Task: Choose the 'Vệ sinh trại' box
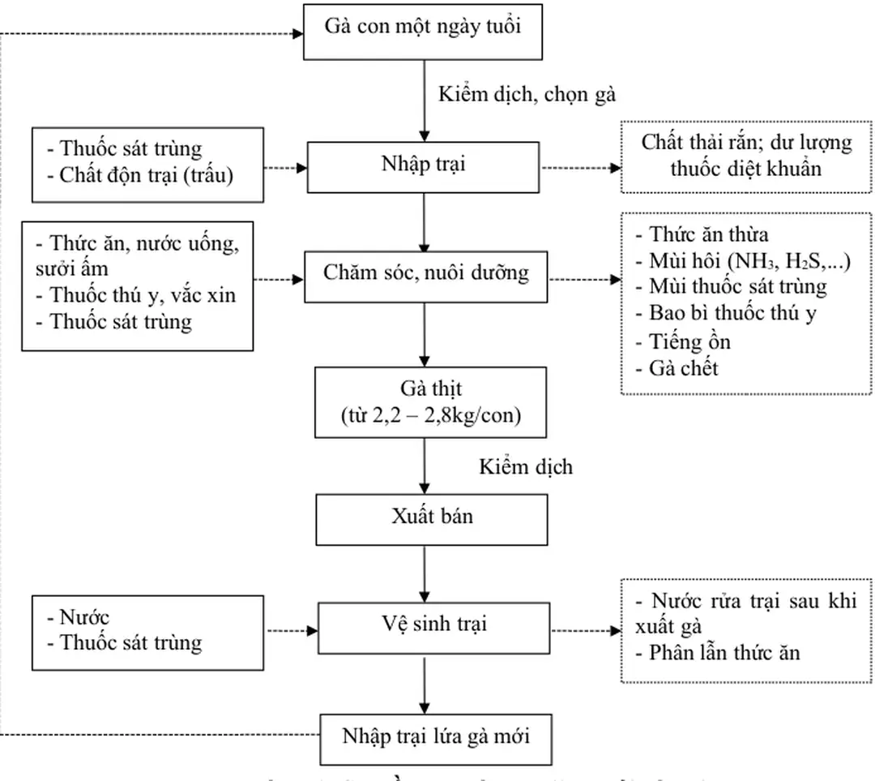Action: pos(424,625)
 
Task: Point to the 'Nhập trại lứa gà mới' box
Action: pos(436,738)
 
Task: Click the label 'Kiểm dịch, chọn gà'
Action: pos(527,94)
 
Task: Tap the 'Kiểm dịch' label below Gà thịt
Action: pos(525,467)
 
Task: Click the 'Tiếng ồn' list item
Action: pos(689,341)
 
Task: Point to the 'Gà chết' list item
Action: pos(684,368)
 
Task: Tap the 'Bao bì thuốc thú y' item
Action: pos(732,314)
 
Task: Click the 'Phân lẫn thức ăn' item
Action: pos(723,652)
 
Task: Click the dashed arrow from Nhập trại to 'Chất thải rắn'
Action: pos(580,169)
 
